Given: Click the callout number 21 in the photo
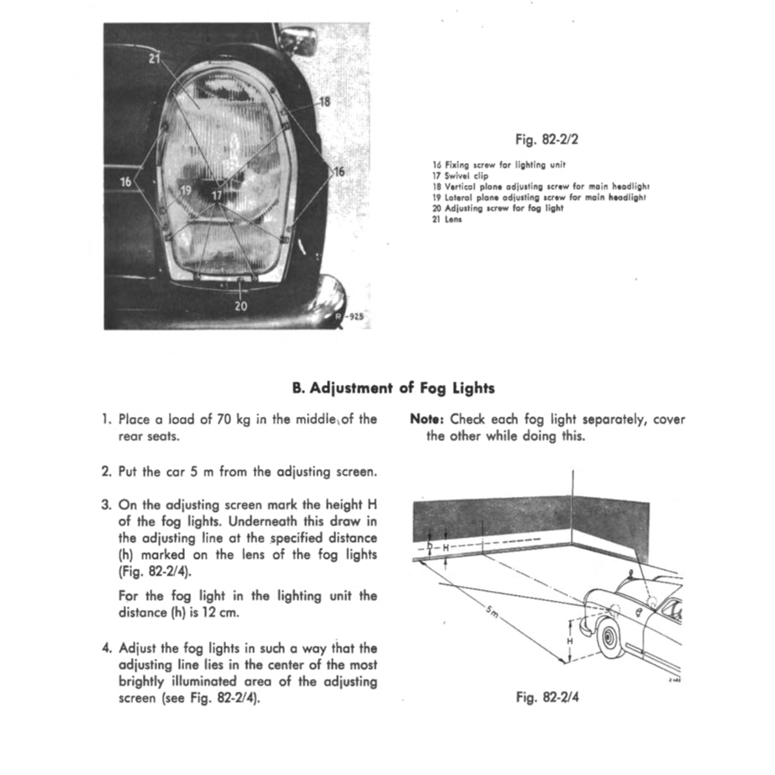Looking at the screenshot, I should (x=154, y=58).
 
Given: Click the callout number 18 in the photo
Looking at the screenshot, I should (x=325, y=101).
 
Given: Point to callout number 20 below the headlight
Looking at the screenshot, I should (x=242, y=306).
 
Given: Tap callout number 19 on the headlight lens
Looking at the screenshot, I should (x=186, y=191).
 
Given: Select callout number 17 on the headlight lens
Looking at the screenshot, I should (x=217, y=195).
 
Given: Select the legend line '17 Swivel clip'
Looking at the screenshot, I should (x=460, y=176).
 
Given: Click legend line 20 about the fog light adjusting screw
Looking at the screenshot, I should (x=498, y=208).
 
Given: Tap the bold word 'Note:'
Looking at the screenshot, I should (x=428, y=419).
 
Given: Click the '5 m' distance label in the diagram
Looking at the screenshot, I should (x=492, y=613).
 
